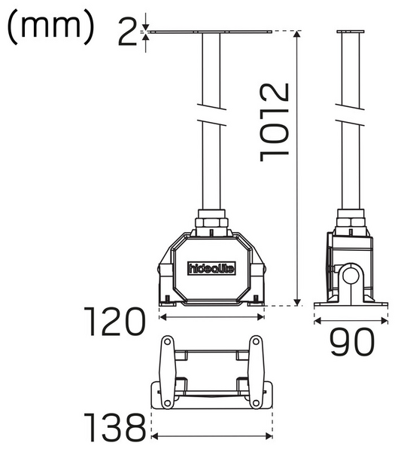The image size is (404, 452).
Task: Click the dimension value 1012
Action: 275,121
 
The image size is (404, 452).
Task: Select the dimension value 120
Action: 114,322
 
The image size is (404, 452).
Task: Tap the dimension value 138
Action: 114,428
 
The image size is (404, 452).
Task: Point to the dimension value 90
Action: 351,344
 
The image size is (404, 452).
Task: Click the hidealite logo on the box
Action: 211,267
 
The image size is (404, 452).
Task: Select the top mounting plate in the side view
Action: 349,32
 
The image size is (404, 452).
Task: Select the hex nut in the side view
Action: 350,222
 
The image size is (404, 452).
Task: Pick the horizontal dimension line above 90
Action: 351,320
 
